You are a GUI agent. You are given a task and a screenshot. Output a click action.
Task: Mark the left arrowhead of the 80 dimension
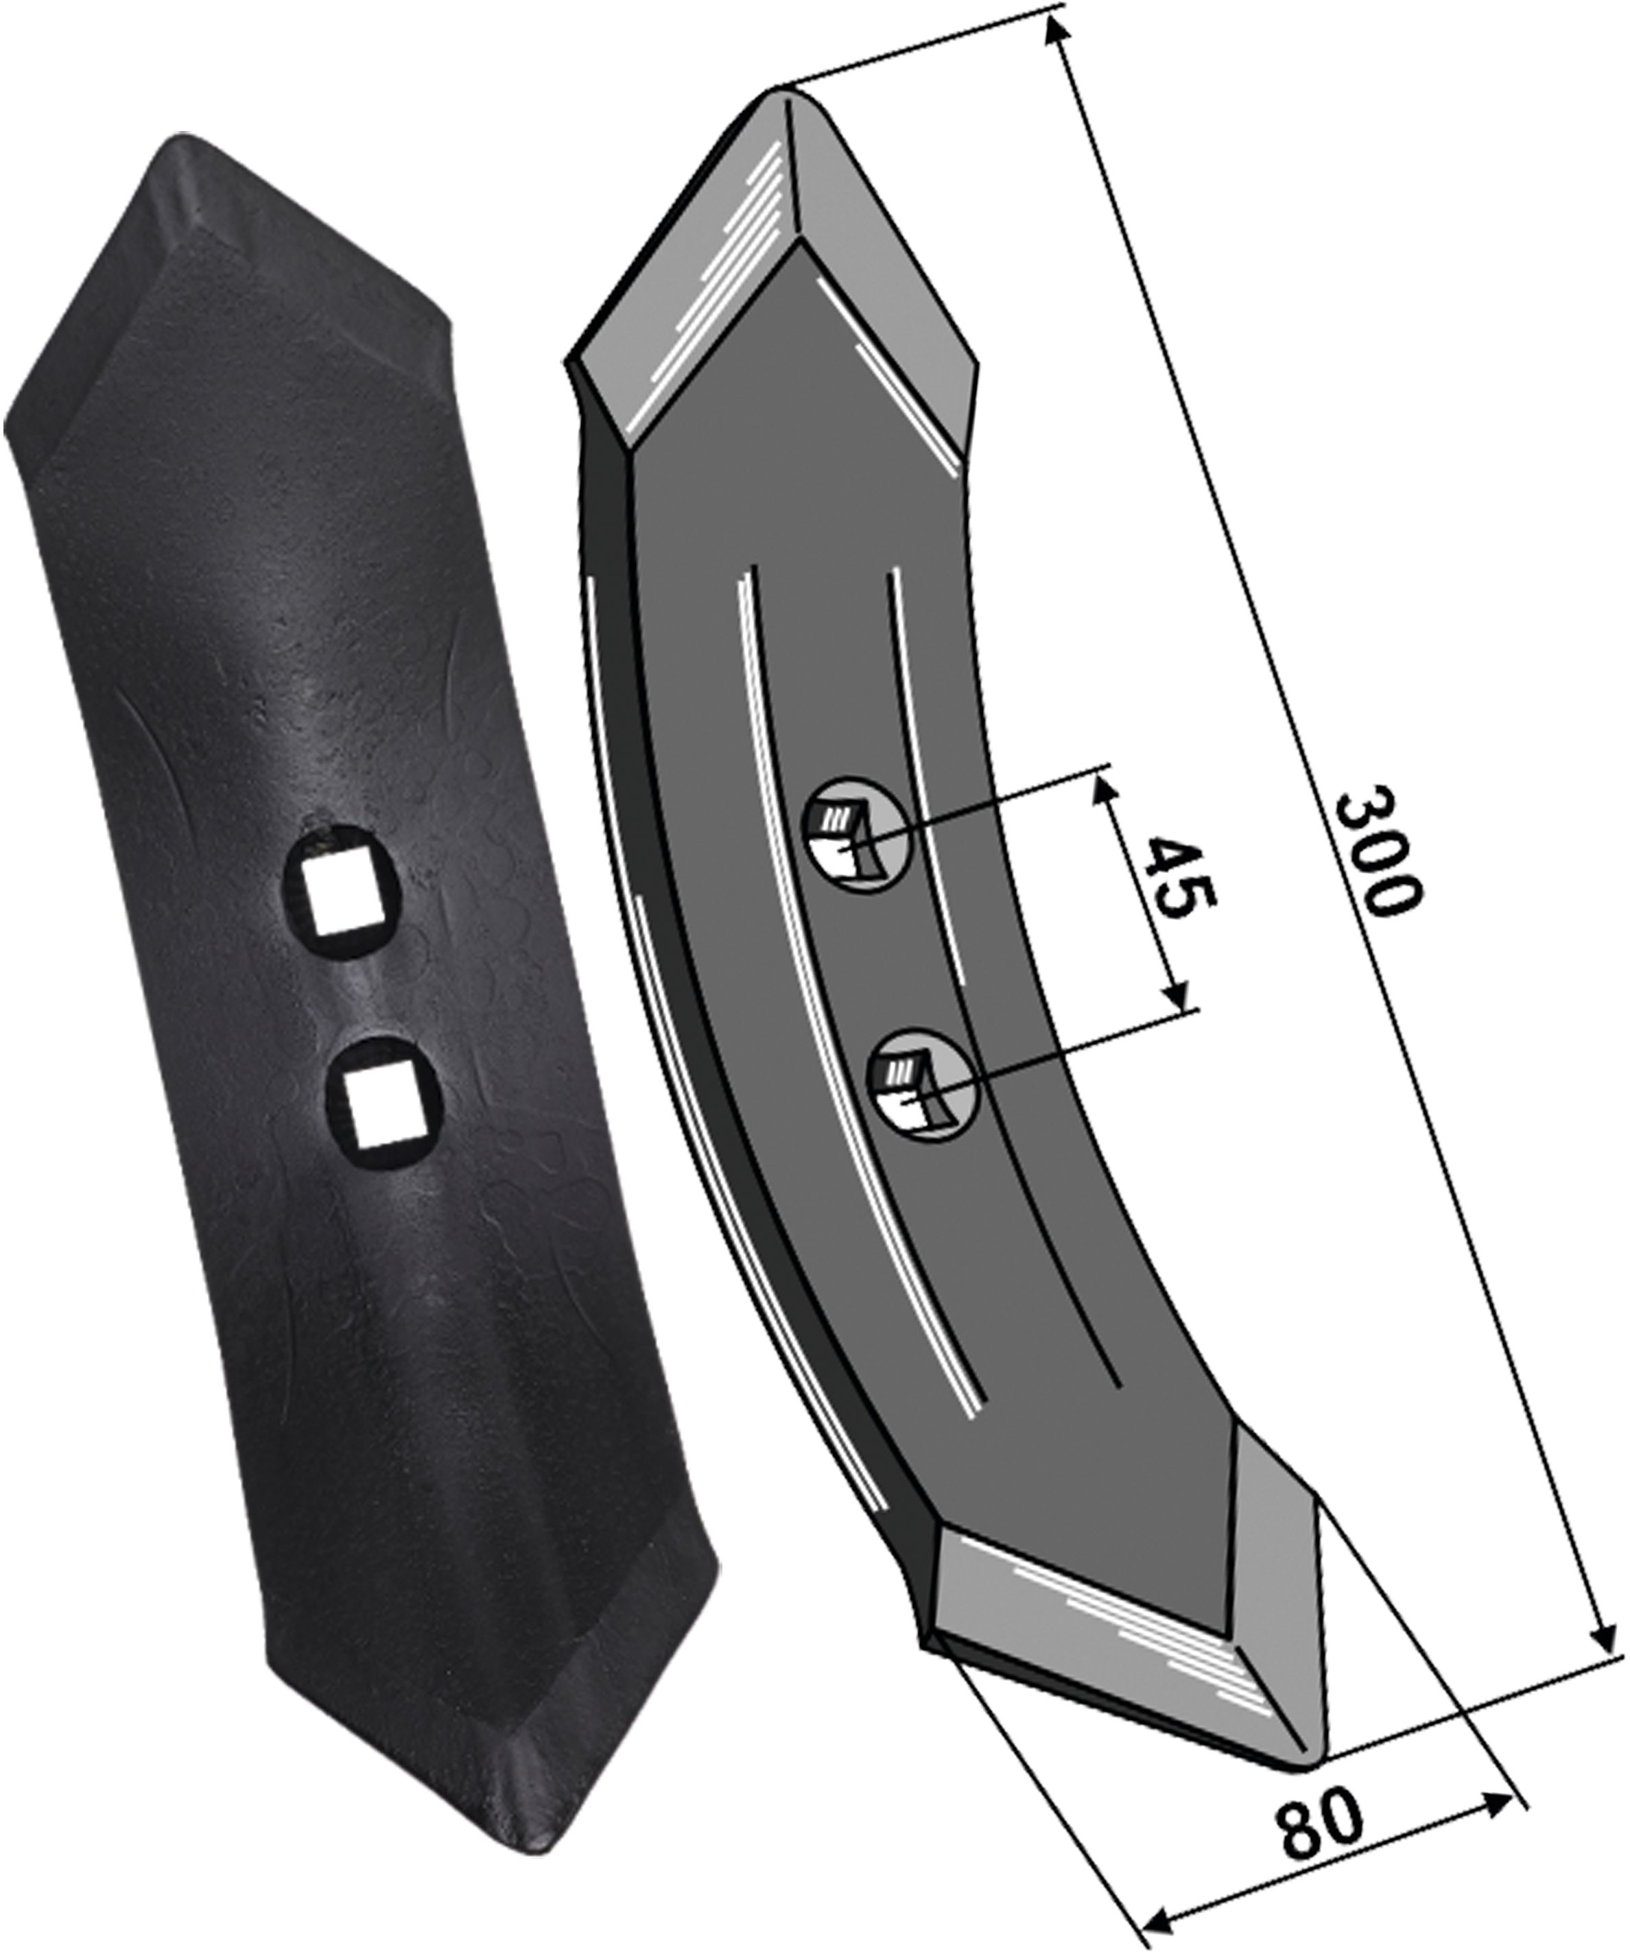coord(1159,1920)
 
